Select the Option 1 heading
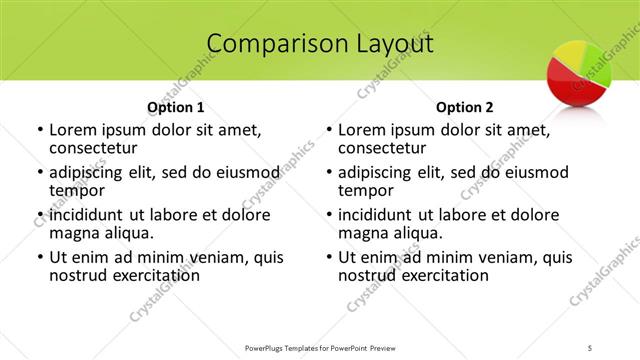point(176,107)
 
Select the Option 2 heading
point(465,107)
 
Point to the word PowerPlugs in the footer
point(269,346)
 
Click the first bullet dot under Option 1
point(38,131)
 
